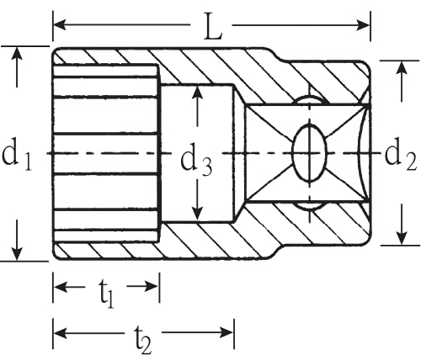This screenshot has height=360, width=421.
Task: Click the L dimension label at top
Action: point(213,26)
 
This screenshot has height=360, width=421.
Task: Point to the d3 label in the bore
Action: point(196,162)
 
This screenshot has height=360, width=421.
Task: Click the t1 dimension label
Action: point(106,294)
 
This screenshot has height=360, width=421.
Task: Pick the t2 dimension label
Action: point(143,340)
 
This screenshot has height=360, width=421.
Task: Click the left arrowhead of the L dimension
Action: point(60,24)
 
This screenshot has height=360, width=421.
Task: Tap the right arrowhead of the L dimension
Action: point(363,25)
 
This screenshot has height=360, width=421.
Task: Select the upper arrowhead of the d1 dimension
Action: point(18,53)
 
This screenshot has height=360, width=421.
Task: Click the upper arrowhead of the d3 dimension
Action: point(198,92)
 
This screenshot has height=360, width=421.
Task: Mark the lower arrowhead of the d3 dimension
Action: point(198,214)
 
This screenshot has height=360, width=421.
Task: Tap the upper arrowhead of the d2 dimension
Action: point(402,67)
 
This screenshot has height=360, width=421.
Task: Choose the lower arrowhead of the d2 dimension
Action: point(402,238)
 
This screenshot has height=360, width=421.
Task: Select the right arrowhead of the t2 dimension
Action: point(226,332)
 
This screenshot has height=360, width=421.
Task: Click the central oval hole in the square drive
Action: point(310,153)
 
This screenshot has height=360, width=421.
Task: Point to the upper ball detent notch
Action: point(309,100)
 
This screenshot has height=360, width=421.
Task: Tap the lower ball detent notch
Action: point(309,205)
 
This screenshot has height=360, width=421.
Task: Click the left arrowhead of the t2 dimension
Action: point(60,332)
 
